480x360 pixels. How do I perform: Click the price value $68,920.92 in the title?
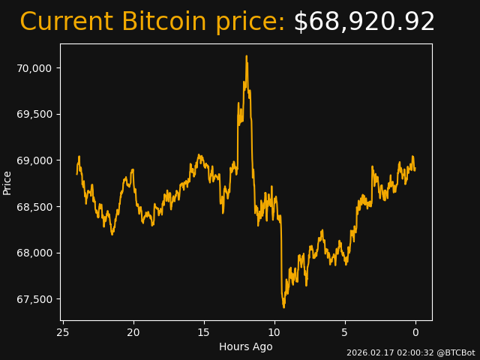point(364,22)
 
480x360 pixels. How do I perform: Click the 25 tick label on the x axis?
point(63,332)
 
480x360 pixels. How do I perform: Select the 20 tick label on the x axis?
point(133,332)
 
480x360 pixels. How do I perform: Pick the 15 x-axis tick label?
point(204,332)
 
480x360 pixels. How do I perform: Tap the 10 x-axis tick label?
point(274,332)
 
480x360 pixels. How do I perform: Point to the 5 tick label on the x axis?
point(345,332)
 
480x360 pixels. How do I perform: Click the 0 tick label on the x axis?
point(415,332)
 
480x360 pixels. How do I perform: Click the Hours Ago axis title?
point(246,346)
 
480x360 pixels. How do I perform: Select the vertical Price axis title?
point(7,182)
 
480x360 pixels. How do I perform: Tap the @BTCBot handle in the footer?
point(455,352)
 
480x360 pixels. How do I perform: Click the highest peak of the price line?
point(246,55)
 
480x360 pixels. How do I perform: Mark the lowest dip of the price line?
point(283,307)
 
